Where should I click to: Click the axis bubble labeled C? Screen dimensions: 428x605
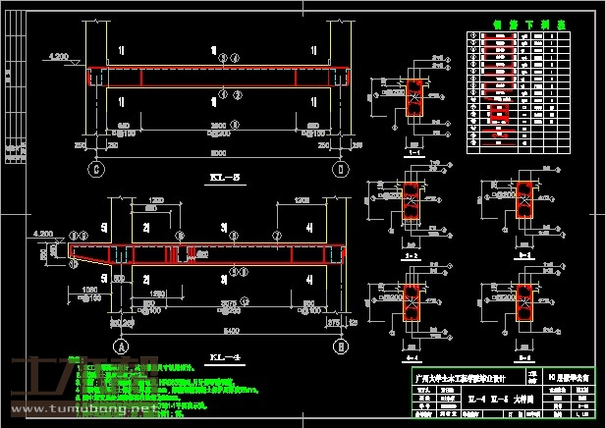click(x=96, y=168)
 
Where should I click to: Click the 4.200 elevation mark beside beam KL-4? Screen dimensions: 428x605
click(x=43, y=234)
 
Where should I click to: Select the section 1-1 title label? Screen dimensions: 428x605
click(x=413, y=154)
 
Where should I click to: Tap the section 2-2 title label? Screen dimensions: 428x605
click(x=413, y=254)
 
